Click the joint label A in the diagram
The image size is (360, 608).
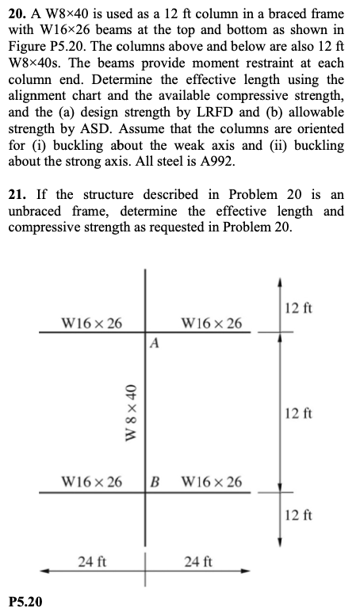pyautogui.click(x=155, y=344)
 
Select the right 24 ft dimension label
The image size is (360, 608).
pyautogui.click(x=197, y=562)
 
